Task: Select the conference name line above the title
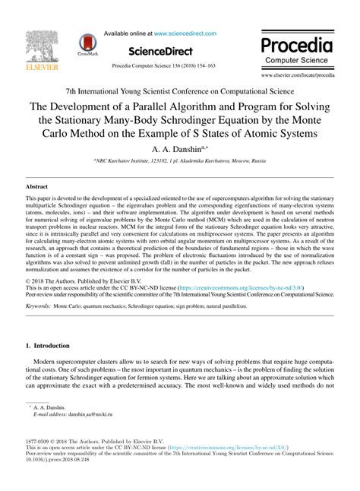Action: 179,90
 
